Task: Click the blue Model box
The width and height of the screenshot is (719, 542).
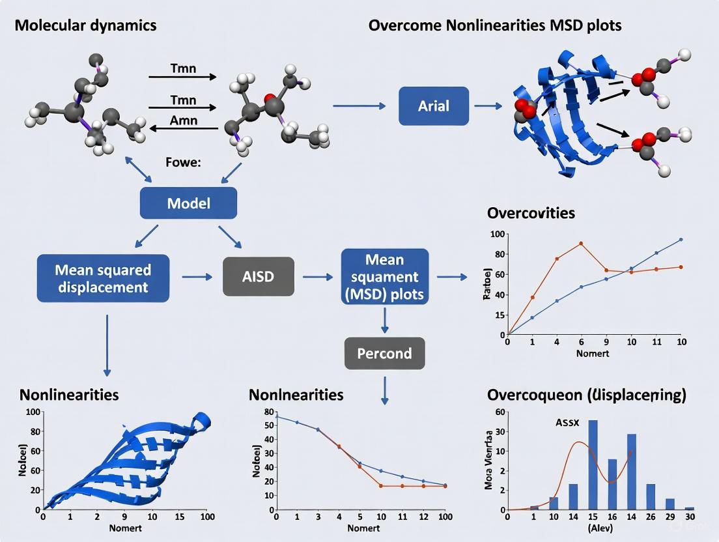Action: tap(188, 203)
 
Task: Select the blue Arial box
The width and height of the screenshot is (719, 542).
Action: tap(433, 105)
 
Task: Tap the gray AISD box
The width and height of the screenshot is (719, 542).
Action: tap(259, 277)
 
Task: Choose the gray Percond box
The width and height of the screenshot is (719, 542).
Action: tap(384, 354)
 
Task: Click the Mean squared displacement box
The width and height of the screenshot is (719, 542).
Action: tap(103, 278)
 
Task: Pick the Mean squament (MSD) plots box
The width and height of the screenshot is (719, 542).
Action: tap(385, 277)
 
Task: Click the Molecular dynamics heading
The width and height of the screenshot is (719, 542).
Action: tap(85, 25)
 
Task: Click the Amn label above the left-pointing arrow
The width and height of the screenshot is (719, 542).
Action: tap(183, 121)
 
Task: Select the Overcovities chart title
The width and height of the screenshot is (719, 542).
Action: tap(531, 213)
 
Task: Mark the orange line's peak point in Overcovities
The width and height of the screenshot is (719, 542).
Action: tap(580, 244)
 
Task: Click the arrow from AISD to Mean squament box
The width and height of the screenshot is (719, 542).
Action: tap(318, 277)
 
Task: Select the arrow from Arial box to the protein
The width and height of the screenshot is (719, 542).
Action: tap(488, 105)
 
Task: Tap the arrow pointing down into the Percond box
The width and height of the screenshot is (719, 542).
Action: tap(385, 321)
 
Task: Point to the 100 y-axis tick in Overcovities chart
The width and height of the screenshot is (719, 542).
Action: tap(496, 234)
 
